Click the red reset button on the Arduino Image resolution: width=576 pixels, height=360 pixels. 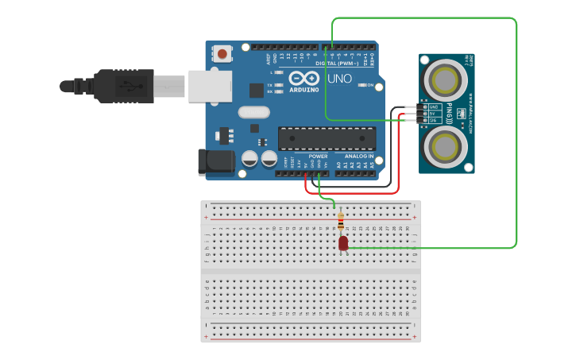[x=222, y=54]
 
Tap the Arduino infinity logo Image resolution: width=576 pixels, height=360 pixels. [x=303, y=79]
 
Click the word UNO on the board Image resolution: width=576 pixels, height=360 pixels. [x=340, y=78]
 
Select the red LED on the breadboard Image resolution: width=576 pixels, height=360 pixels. [x=343, y=243]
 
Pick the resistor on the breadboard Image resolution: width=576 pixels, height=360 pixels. [x=341, y=221]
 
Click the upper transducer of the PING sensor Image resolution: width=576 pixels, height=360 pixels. [x=446, y=79]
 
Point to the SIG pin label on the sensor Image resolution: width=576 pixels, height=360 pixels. [x=435, y=120]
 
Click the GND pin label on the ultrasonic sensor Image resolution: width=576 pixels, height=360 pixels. [x=435, y=106]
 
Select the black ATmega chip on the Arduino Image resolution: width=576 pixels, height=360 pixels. [x=327, y=137]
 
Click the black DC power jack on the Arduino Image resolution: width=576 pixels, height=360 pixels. [x=215, y=161]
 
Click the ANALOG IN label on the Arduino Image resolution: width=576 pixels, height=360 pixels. [x=358, y=156]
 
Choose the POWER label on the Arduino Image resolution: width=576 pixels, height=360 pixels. [x=318, y=156]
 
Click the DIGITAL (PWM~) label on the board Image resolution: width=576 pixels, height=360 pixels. [x=337, y=63]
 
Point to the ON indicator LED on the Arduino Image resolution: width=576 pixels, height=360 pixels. [x=361, y=85]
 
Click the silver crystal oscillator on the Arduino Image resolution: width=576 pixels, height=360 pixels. [x=253, y=112]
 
